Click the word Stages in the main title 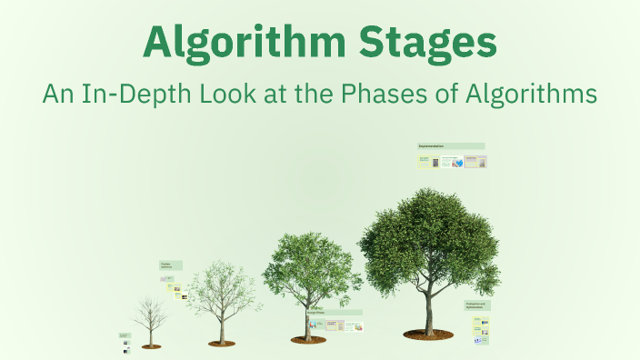[435, 43]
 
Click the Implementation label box [451, 145]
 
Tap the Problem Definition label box [171, 265]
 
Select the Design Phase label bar [337, 312]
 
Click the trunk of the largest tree [429, 305]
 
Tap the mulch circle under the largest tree [428, 335]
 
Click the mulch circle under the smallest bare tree [151, 346]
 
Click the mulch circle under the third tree [308, 340]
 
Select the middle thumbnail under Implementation [453, 162]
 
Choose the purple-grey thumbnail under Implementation [475, 162]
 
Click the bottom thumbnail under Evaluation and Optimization [480, 341]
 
